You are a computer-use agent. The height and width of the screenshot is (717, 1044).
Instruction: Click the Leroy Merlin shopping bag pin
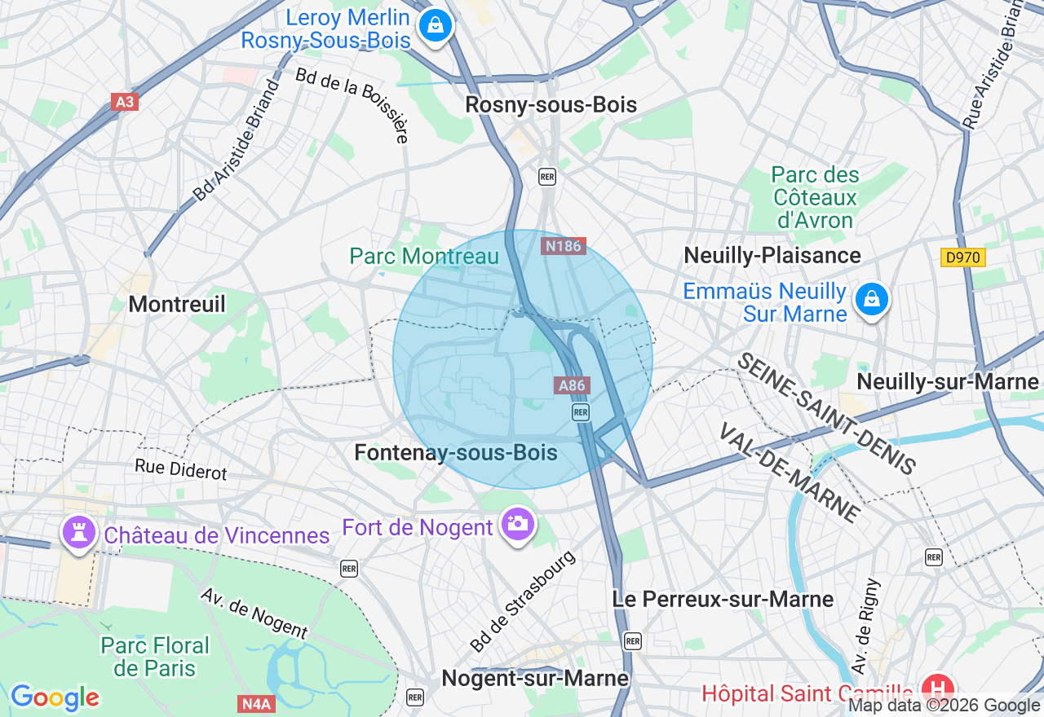(436, 25)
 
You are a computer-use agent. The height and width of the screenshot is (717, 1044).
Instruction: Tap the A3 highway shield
(124, 102)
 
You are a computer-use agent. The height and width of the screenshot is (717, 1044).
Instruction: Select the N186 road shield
(564, 245)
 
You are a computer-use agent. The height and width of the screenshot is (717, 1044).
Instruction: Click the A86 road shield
(573, 385)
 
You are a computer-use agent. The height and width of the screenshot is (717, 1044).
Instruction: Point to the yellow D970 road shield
(962, 257)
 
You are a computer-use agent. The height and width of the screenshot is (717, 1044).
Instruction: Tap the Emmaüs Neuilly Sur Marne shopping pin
(871, 300)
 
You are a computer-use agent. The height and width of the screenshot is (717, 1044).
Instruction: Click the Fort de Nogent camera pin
(517, 524)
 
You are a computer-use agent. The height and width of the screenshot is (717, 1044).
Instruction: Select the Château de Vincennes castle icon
(78, 534)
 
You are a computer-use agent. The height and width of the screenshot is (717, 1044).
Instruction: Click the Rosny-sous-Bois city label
(551, 105)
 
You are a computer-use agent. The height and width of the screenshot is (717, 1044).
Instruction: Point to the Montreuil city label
(177, 304)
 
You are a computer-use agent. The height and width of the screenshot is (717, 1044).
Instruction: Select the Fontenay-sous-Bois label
(456, 453)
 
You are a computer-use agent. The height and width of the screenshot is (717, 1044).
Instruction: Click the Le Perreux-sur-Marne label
(723, 599)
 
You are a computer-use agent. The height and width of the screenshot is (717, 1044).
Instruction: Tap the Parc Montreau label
(424, 256)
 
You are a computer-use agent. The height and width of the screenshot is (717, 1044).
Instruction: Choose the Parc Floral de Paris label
(155, 657)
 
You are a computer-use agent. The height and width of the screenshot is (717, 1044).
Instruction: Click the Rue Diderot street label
(181, 468)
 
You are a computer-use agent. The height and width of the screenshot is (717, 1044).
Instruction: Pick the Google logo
(55, 697)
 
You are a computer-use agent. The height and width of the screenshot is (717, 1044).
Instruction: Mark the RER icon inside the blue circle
(581, 412)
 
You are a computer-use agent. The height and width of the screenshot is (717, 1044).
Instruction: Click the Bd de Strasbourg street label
(522, 602)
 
